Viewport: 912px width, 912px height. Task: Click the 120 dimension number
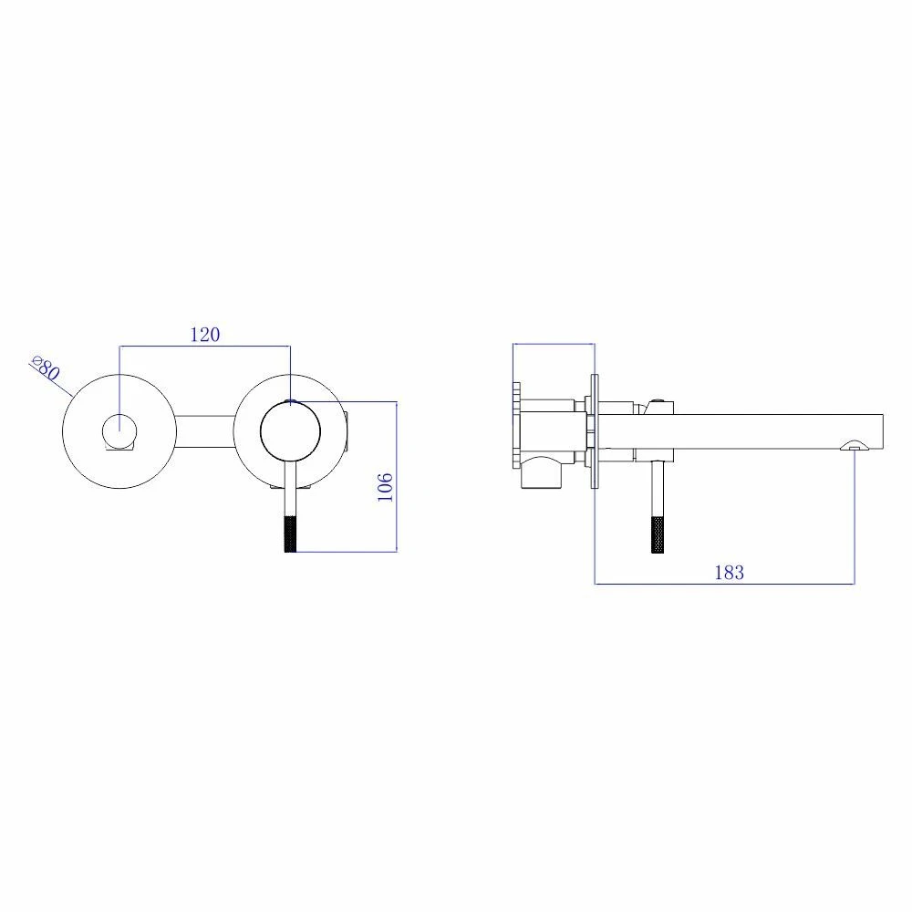pyautogui.click(x=205, y=335)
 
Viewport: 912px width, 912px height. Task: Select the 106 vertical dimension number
pyautogui.click(x=385, y=487)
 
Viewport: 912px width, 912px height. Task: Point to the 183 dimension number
pyautogui.click(x=730, y=573)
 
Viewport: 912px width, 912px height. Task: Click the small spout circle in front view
pyautogui.click(x=119, y=431)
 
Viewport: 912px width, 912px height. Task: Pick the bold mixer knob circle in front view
pyautogui.click(x=290, y=431)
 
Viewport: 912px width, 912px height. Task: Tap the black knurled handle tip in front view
pyautogui.click(x=290, y=534)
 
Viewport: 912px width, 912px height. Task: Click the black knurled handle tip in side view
pyautogui.click(x=658, y=534)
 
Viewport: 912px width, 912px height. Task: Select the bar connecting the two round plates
pyautogui.click(x=204, y=431)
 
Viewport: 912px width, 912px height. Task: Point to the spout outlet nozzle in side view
pyautogui.click(x=855, y=446)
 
